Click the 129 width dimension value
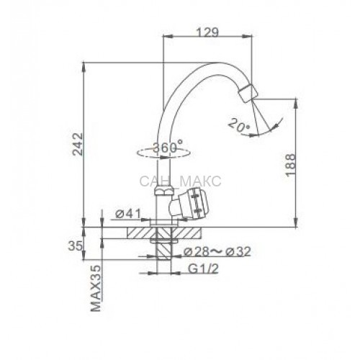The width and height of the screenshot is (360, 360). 207,32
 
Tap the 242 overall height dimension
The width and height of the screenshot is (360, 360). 78,144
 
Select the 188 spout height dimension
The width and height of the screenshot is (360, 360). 290,165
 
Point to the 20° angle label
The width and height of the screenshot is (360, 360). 239,125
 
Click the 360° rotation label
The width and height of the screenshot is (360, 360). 168,147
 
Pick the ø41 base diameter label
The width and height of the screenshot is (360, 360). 127,214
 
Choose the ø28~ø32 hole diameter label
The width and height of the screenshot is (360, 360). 217,251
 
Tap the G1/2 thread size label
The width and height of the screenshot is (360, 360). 203,269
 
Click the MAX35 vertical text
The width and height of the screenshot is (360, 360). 96,288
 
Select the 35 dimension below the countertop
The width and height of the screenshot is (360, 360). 75,246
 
